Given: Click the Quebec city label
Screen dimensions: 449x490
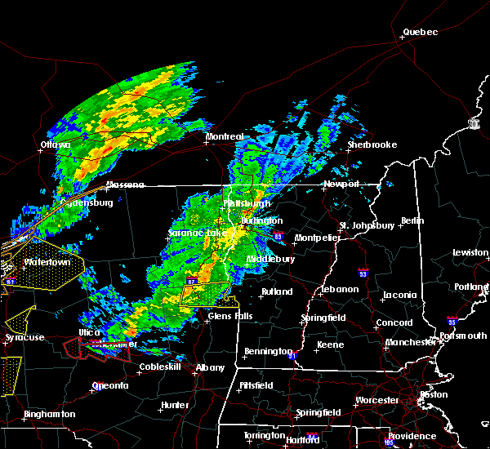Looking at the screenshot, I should click(421, 33).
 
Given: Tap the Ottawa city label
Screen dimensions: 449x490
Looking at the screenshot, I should click(56, 145).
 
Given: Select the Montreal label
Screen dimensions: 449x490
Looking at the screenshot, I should click(225, 136).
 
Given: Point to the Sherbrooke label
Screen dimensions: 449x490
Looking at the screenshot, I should click(372, 144).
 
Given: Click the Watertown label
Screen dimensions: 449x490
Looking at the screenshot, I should click(47, 263).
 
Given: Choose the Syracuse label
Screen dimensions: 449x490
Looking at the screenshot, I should click(24, 337).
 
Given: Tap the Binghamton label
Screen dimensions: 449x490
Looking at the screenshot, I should click(49, 414).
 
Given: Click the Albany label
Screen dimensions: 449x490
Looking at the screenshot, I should click(210, 367).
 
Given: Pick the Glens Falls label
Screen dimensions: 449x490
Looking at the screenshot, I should click(230, 316).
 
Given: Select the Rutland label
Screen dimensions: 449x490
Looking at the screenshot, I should click(276, 291).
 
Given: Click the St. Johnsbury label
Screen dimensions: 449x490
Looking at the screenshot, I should click(367, 224).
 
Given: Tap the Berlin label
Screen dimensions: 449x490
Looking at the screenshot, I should click(413, 220).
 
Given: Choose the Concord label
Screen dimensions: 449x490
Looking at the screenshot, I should click(394, 322).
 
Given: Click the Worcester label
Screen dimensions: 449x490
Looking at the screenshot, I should click(377, 400).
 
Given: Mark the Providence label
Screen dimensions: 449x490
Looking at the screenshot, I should click(412, 436).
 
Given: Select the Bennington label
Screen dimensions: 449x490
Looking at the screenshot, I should click(267, 352).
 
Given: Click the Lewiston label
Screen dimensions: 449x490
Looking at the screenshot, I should click(471, 252).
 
